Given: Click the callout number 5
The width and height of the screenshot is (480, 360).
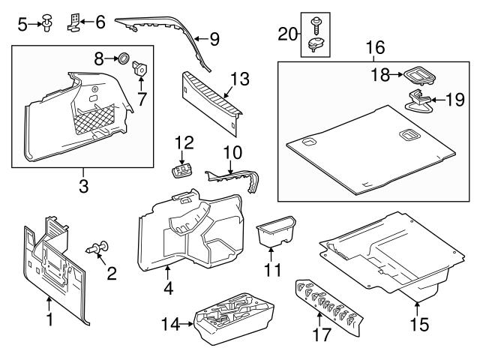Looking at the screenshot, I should click(22, 25).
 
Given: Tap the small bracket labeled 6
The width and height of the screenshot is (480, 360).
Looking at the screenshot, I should click(76, 21).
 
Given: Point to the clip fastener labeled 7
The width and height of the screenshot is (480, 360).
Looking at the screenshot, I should click(139, 70).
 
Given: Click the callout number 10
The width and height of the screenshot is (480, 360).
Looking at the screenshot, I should click(232, 153).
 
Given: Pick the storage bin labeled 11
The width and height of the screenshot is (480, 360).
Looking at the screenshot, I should click(274, 233).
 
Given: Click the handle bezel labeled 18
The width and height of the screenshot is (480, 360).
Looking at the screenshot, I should click(418, 75).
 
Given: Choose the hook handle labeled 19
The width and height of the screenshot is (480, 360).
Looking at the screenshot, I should click(418, 99).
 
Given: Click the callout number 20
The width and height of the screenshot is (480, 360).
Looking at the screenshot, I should click(288, 33).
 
